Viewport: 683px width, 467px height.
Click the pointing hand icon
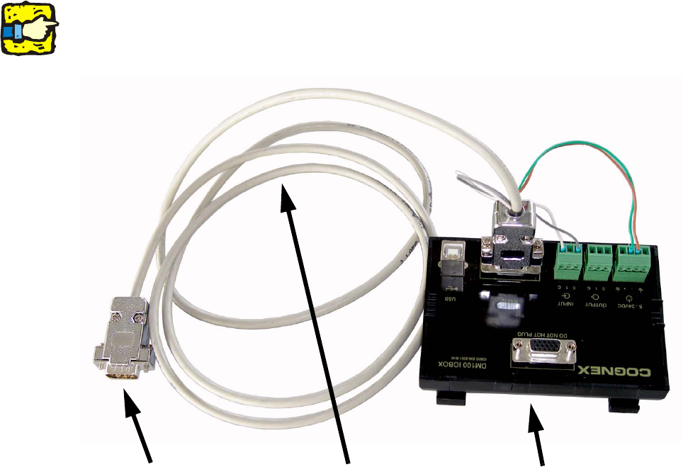pos(30,29)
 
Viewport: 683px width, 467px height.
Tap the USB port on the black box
pos(451,257)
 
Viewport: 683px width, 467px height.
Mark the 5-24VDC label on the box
pos(628,303)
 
